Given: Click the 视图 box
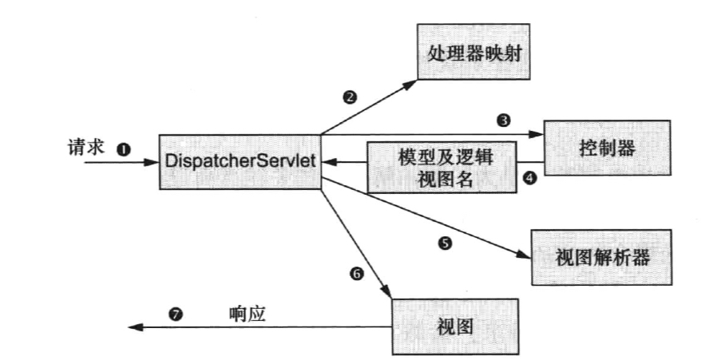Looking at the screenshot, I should pos(456,326).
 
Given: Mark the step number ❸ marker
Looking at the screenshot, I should pos(503,121).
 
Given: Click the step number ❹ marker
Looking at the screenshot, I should pos(528,179).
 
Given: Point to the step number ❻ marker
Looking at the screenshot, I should pos(357,273).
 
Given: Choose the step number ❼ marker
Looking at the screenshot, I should pos(176,315).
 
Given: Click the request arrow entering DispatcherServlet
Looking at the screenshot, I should pos(120,163).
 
